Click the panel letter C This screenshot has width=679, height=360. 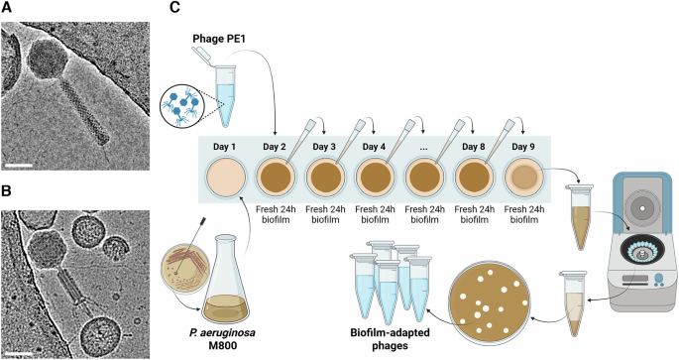[x=175, y=8]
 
